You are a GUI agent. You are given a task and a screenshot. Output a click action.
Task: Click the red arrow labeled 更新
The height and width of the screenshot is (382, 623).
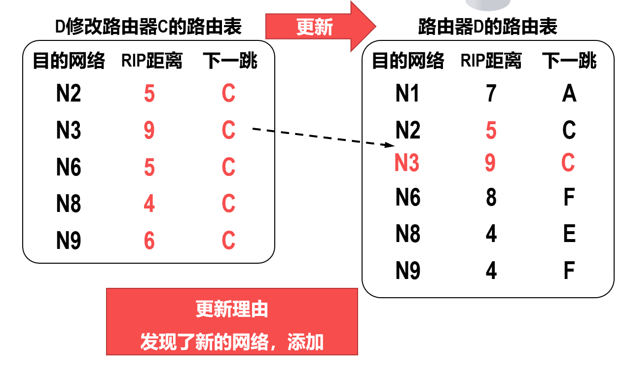(320, 27)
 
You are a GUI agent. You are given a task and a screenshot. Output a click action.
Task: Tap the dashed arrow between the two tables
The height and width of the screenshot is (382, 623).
(324, 137)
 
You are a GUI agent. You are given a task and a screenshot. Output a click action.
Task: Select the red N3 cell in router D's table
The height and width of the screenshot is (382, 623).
(406, 163)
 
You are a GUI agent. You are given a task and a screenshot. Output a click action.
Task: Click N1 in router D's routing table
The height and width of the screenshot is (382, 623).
(407, 93)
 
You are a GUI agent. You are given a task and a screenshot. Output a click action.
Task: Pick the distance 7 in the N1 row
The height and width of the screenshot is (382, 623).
(491, 93)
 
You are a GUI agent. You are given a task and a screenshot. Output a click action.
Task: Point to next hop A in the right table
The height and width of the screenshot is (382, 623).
(569, 93)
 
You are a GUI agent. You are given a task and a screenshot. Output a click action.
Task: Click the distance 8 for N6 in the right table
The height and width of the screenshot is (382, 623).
(491, 197)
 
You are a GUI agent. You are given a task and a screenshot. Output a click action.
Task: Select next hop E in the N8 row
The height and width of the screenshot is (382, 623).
(569, 233)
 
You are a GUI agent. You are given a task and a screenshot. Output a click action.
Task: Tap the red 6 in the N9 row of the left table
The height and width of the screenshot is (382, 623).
(149, 241)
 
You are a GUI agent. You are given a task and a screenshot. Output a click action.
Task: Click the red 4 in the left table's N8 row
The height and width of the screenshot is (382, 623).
(149, 204)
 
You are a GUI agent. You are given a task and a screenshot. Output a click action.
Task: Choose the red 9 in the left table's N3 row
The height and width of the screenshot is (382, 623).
(149, 130)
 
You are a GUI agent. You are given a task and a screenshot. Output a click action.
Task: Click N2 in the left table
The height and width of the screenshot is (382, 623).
(69, 93)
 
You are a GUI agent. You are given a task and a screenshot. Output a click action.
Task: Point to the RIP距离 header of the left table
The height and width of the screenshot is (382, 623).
(152, 61)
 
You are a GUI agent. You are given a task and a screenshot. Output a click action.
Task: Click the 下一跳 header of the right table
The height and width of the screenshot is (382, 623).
(569, 61)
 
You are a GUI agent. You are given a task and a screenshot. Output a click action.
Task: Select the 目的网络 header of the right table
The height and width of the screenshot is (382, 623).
(408, 61)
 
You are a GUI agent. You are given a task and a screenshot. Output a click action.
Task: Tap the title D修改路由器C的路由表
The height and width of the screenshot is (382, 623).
(148, 27)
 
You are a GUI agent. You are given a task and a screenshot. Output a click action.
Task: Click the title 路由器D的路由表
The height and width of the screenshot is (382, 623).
(488, 27)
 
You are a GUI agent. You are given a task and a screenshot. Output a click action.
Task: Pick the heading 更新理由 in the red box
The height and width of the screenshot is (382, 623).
(232, 309)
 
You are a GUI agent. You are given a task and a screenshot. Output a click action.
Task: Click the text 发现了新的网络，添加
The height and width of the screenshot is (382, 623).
(232, 342)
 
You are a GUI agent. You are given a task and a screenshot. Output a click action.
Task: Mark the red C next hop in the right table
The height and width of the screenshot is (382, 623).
(568, 163)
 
